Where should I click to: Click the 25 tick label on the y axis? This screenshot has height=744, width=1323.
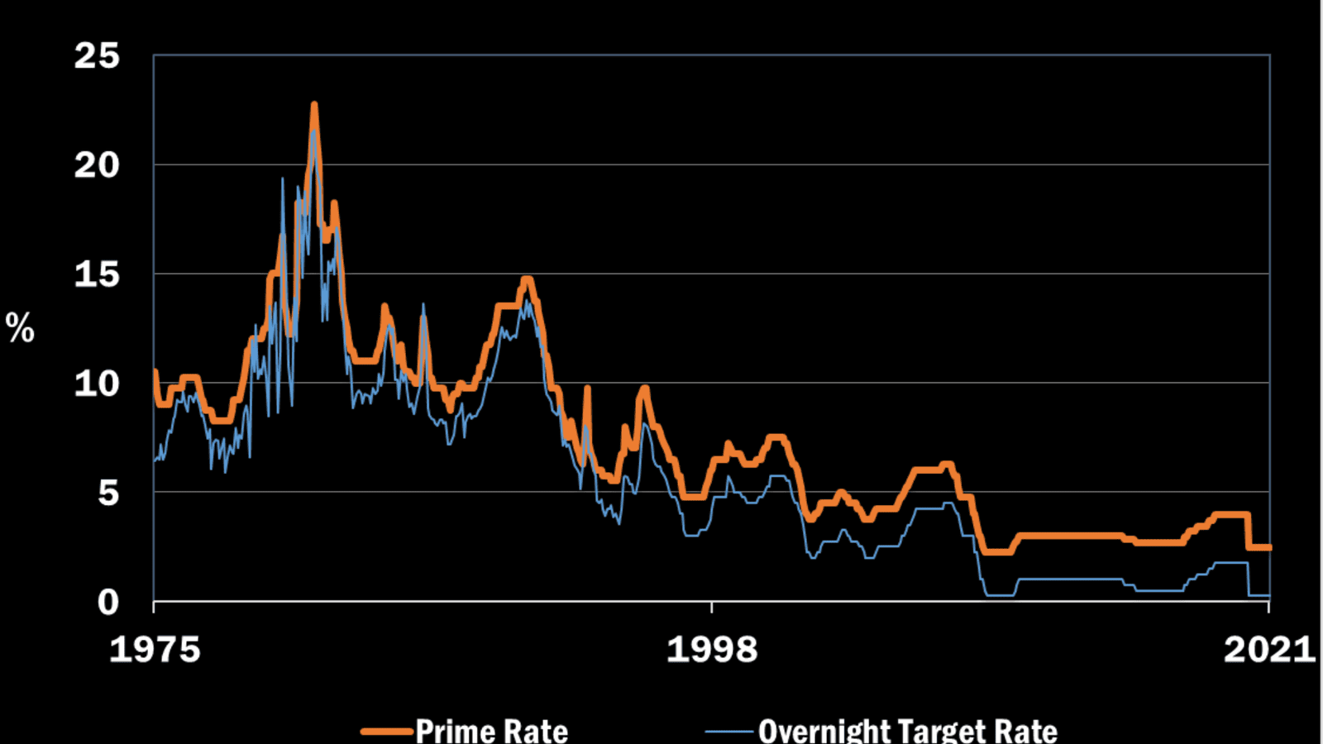(97, 56)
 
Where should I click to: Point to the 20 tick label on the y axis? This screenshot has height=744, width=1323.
(97, 165)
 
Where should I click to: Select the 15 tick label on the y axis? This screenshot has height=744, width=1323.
(97, 274)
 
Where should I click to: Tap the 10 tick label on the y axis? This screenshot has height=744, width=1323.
(97, 384)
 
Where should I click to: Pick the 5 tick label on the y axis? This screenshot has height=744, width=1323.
(108, 493)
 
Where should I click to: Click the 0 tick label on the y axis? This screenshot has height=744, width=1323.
(108, 603)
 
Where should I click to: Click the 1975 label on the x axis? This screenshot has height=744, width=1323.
(155, 650)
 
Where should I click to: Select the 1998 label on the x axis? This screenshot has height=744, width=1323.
(712, 650)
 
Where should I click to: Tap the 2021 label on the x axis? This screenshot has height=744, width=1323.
(1269, 650)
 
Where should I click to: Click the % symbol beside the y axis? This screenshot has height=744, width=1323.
(20, 328)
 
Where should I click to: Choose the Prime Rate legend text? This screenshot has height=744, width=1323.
(491, 731)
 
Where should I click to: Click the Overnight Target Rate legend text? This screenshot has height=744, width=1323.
(907, 731)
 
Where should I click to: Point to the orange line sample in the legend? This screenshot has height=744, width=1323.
(387, 732)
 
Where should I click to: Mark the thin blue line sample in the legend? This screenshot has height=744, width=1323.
(729, 732)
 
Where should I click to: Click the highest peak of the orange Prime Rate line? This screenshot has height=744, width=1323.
(314, 105)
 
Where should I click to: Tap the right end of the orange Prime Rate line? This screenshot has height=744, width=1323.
(1268, 547)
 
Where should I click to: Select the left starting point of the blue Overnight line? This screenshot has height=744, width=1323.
(155, 460)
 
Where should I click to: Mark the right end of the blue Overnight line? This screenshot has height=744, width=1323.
(1268, 595)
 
